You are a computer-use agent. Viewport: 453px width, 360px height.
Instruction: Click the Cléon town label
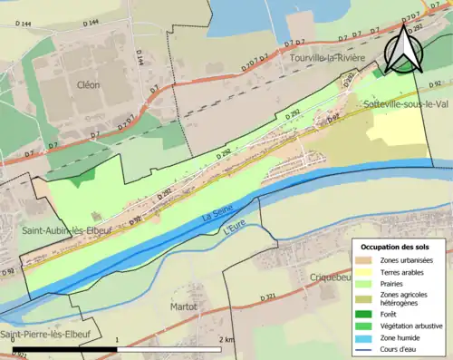88,84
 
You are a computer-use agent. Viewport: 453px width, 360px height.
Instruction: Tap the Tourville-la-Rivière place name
327,59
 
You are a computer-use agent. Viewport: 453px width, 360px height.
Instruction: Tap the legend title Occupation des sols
395,247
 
